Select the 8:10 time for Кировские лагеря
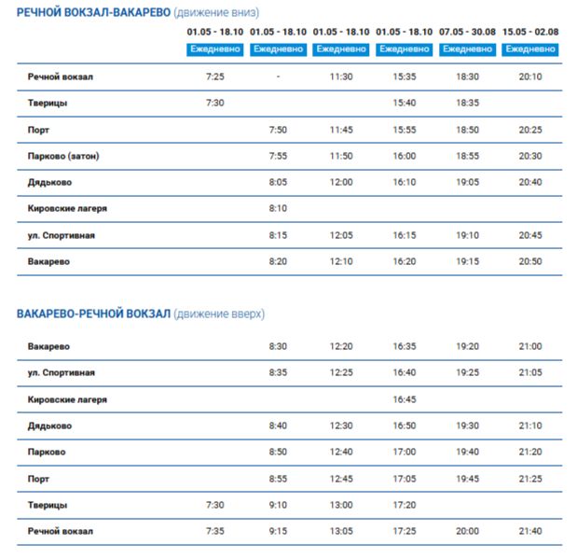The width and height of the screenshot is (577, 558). (x=278, y=208)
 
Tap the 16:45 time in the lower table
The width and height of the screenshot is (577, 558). (x=404, y=399)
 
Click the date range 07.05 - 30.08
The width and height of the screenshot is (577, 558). (x=467, y=32)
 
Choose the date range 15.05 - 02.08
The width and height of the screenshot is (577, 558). (x=529, y=32)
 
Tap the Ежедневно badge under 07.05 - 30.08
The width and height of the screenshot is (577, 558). (x=467, y=49)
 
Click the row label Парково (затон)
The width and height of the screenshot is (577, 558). (x=64, y=156)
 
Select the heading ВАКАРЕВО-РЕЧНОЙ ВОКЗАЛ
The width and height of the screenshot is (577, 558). (x=93, y=314)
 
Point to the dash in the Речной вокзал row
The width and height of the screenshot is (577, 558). (x=278, y=77)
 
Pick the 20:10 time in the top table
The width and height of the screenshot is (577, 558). (x=529, y=77)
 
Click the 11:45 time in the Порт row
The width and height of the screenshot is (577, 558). (x=341, y=130)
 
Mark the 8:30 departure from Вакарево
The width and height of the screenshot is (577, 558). (x=278, y=346)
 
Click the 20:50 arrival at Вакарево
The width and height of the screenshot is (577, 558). (x=529, y=261)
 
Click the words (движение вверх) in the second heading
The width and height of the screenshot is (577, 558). (x=220, y=314)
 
